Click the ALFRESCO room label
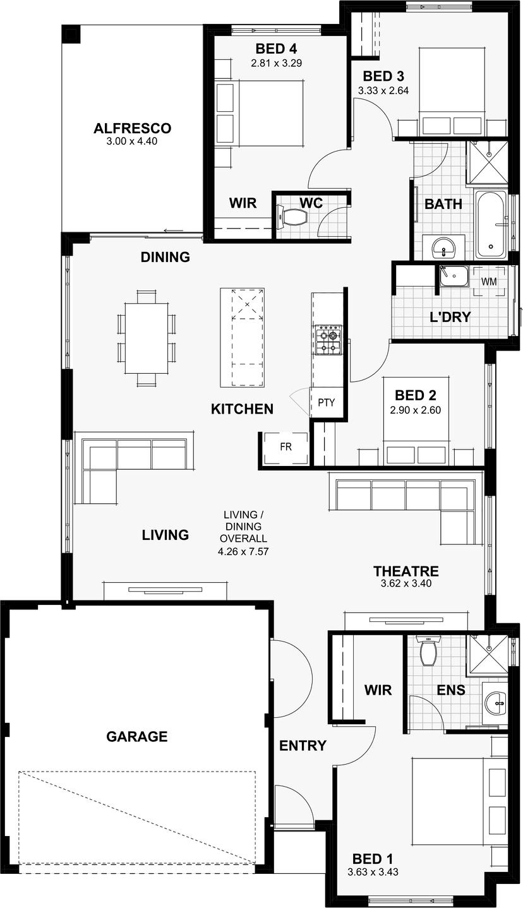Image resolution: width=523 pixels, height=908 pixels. point(132,128)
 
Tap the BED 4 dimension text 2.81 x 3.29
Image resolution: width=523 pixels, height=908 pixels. point(277,63)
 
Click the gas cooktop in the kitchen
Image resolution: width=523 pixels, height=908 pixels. point(328,340)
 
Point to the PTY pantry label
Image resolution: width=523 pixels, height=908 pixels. point(327,402)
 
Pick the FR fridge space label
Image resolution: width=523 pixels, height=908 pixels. point(286,446)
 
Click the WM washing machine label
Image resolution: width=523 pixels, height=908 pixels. point(488,282)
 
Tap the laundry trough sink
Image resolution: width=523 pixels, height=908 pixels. point(454,277)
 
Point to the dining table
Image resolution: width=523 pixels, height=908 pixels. point(147,338)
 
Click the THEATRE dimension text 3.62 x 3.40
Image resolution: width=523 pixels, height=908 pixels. point(406,583)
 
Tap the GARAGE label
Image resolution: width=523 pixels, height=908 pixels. point(136,736)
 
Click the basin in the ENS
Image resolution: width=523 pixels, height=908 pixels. point(495,703)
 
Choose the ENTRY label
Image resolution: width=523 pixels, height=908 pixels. point(303,746)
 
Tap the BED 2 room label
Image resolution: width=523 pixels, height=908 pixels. point(416,395)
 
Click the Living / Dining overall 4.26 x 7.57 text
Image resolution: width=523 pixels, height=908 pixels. point(243,533)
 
